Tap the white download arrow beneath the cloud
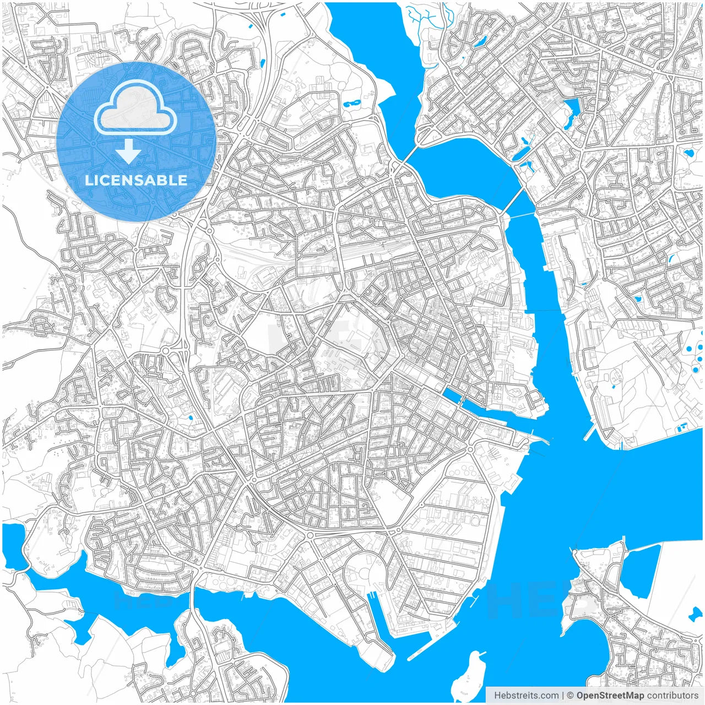tap(129, 151)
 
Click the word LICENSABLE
tap(136, 180)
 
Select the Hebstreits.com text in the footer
tap(526, 696)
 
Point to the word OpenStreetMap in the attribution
tap(610, 696)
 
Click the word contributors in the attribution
tap(672, 696)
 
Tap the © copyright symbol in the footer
tap(571, 696)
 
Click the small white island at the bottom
tap(470, 675)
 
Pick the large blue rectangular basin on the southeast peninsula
tap(642, 570)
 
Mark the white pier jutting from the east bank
tap(589, 433)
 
